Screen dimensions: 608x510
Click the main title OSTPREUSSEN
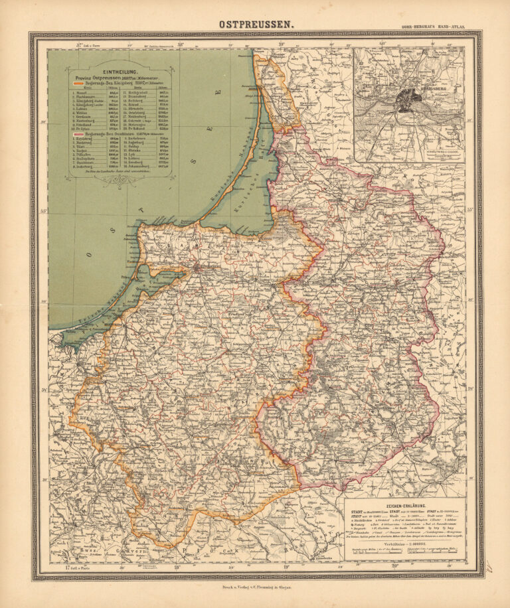point(255,25)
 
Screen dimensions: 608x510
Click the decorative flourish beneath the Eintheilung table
point(119,176)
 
